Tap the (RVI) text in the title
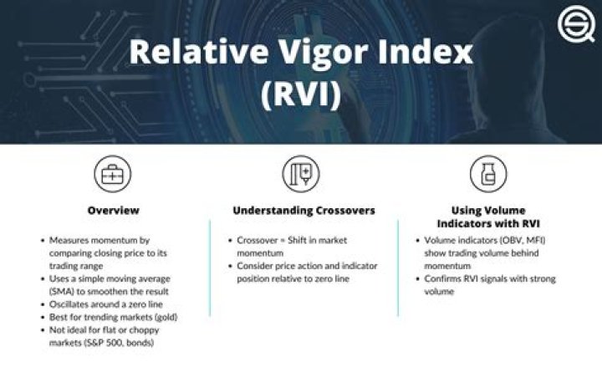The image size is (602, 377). [x=301, y=94]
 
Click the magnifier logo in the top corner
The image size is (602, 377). [x=577, y=23]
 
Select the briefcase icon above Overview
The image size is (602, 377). [x=113, y=174]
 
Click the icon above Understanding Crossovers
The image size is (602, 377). [x=301, y=174]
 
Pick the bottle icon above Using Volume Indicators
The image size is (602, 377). [x=488, y=174]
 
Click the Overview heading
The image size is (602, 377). [x=113, y=211]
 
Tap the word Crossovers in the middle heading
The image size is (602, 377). [x=345, y=211]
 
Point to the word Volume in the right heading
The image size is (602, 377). [x=507, y=211]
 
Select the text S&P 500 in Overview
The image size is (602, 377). [x=104, y=343]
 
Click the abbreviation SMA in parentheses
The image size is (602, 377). [x=61, y=292]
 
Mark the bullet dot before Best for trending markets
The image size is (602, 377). [x=43, y=318]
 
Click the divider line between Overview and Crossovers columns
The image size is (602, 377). [x=210, y=268]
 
